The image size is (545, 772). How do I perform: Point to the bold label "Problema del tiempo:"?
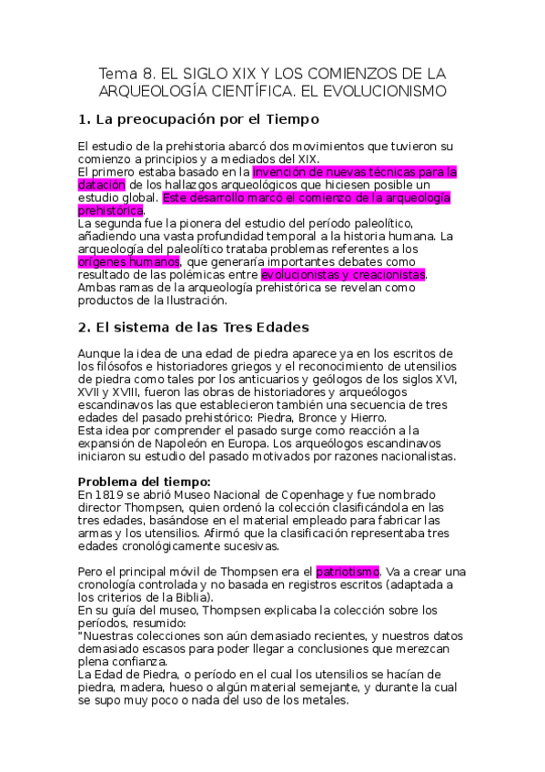[x=144, y=482]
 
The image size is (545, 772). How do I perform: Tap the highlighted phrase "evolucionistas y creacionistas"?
[x=343, y=274]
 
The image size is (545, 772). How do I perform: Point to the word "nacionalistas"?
[x=415, y=456]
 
